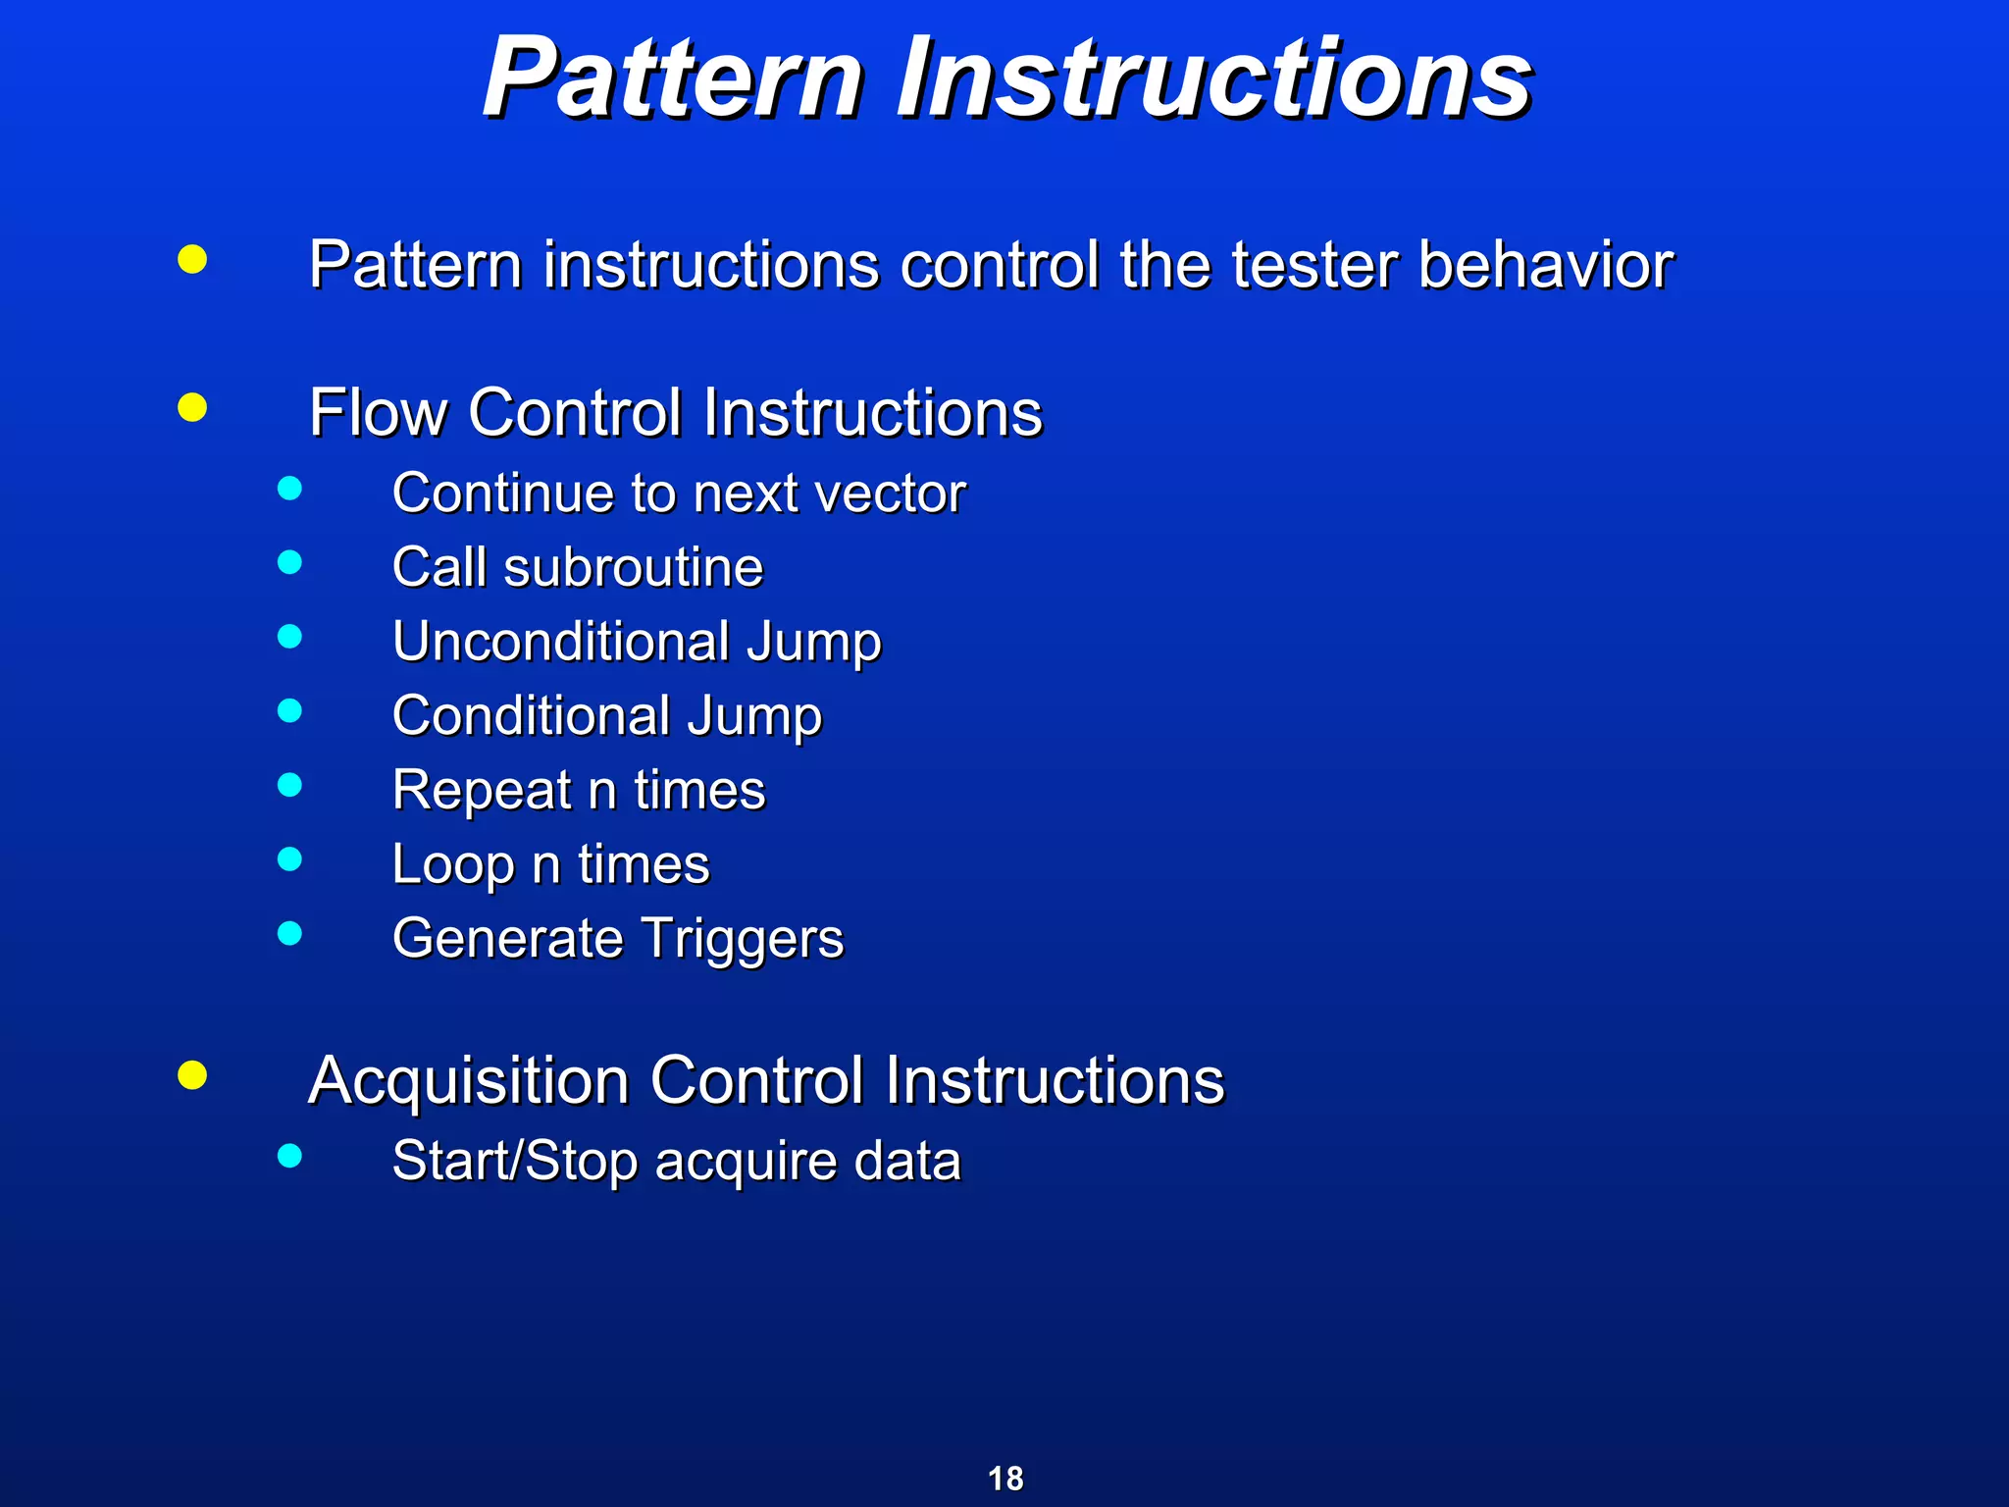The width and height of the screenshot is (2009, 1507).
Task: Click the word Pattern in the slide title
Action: click(x=672, y=78)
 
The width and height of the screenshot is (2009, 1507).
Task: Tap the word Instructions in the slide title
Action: click(x=1213, y=78)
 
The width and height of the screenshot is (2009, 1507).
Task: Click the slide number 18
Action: click(x=1004, y=1479)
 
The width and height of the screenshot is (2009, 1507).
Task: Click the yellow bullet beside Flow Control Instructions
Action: click(x=192, y=407)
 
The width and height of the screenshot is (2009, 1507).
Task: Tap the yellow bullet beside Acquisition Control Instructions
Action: click(x=192, y=1075)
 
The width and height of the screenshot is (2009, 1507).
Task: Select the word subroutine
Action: click(x=633, y=567)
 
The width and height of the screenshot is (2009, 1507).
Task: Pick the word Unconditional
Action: click(x=561, y=642)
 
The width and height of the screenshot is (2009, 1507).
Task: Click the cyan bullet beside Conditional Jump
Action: click(x=289, y=710)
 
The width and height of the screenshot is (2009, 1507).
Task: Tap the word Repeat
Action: click(x=482, y=791)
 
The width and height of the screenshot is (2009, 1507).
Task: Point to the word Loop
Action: click(x=453, y=865)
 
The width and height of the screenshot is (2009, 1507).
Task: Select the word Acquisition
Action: click(x=468, y=1081)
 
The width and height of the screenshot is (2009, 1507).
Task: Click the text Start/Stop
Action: click(x=515, y=1161)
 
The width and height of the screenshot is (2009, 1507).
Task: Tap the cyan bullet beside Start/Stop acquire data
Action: click(x=289, y=1156)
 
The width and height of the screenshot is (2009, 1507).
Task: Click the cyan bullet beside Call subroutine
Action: click(x=289, y=562)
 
